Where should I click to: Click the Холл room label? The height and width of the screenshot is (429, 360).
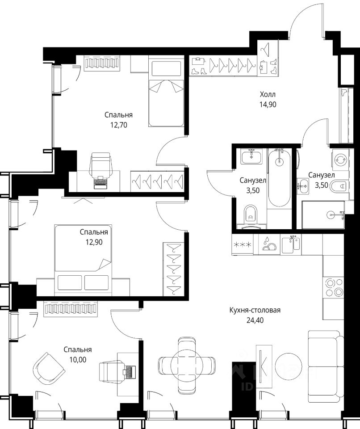pyautogui.click(x=268, y=95)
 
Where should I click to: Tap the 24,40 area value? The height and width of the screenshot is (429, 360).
pyautogui.click(x=255, y=320)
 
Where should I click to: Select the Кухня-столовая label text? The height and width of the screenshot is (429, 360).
pyautogui.click(x=255, y=310)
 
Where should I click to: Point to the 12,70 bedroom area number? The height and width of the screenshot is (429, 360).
pyautogui.click(x=119, y=125)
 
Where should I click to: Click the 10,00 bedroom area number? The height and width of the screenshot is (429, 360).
pyautogui.click(x=78, y=360)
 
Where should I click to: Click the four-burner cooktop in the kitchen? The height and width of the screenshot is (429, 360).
pyautogui.click(x=333, y=287)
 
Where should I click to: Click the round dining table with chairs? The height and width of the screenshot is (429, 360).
pyautogui.click(x=187, y=365)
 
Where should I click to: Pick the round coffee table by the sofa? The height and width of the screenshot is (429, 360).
pyautogui.click(x=289, y=366)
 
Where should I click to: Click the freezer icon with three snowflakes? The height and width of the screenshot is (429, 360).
pyautogui.click(x=243, y=244)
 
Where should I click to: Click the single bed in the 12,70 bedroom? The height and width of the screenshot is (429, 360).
pyautogui.click(x=166, y=91)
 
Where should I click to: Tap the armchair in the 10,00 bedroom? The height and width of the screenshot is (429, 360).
pyautogui.click(x=49, y=369)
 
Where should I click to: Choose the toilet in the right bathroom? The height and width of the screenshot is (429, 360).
pyautogui.click(x=339, y=187)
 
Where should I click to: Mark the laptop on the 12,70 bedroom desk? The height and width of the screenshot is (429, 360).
pyautogui.click(x=100, y=182)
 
